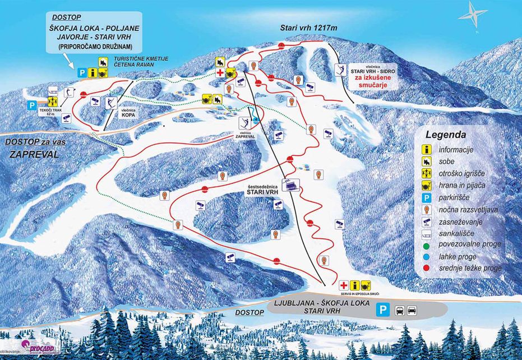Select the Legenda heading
coord(446,135)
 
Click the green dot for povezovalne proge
coord(427,244)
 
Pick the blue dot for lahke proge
coord(427,256)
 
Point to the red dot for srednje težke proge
coord(427,268)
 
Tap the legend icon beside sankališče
coord(427,233)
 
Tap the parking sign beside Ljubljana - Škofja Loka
coord(382,309)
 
